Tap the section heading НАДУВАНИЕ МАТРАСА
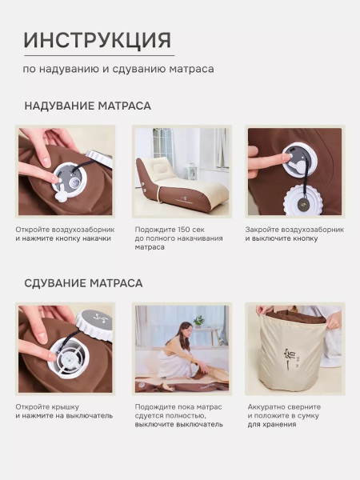click(87, 106)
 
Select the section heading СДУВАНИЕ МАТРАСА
click(83, 283)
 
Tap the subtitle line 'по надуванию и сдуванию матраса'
click(118, 69)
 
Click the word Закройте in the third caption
click(262, 230)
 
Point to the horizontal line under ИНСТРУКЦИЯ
click(98, 55)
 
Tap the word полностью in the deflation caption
click(202, 415)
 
